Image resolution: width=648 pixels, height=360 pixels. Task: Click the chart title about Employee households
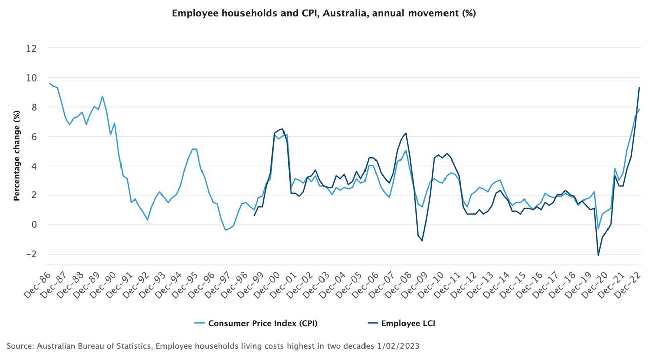[x=324, y=14]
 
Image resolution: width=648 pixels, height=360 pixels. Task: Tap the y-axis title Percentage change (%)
[x=17, y=156]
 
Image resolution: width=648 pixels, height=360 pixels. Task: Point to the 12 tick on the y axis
[x=32, y=48]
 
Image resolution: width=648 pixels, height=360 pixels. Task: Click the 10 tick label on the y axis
[x=32, y=77]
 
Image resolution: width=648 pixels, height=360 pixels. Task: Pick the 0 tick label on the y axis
[x=35, y=225]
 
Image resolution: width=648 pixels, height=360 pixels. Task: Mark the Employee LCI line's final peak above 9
[x=639, y=88]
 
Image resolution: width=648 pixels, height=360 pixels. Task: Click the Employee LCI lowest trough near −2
[x=598, y=255]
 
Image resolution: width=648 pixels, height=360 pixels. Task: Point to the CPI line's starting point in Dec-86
[x=49, y=83]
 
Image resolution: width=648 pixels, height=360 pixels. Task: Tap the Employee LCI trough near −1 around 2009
[x=422, y=240]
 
